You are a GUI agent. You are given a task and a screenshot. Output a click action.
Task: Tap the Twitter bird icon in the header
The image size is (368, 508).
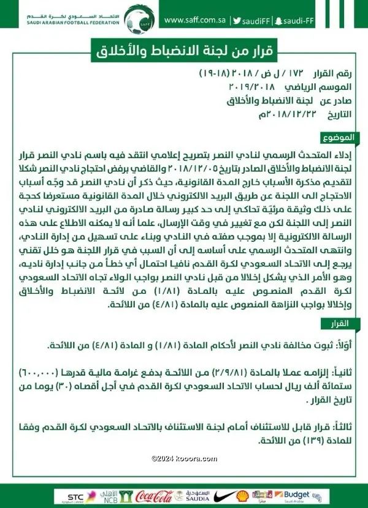point(237,19)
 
